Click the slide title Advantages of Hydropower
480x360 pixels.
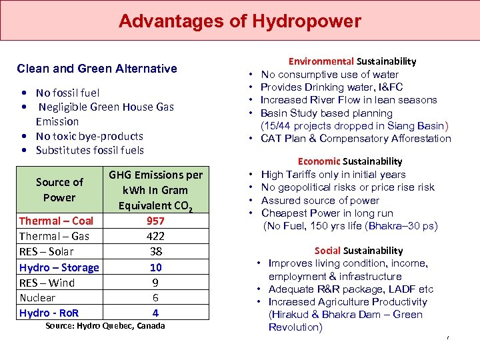point(239,21)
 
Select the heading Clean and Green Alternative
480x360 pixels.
point(97,69)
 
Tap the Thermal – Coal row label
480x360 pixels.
point(56,221)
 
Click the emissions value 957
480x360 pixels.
point(155,221)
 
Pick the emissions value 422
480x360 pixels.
point(155,236)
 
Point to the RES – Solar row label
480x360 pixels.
point(47,251)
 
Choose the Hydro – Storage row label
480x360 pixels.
point(59,267)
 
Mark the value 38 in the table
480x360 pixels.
point(155,251)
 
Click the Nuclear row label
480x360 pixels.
point(37,298)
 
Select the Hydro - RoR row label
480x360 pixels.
point(49,313)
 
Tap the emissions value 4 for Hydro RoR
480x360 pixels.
point(155,313)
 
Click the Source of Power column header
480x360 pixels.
point(59,190)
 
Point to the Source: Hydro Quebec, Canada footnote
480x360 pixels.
point(105,326)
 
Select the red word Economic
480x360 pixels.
point(319,161)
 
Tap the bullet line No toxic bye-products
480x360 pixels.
point(89,136)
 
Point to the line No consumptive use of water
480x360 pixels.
point(329,75)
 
